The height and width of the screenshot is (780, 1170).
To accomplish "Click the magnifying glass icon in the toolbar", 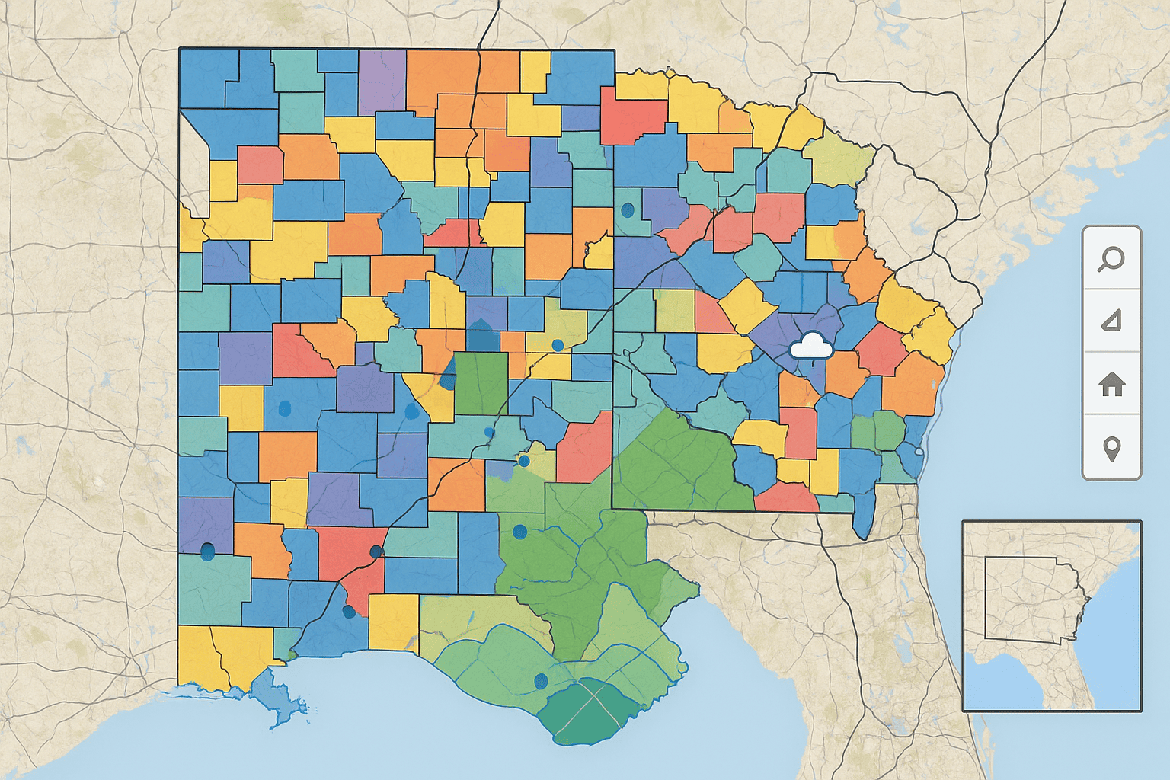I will tap(1111, 259).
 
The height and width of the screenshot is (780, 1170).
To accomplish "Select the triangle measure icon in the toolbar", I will tap(1111, 321).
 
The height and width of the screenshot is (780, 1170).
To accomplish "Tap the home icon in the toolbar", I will tap(1111, 384).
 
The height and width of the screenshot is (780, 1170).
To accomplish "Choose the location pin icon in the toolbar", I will tap(1111, 448).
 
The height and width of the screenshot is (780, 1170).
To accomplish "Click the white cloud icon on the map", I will tap(811, 347).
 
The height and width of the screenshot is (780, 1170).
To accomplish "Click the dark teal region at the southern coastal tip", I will tap(590, 712).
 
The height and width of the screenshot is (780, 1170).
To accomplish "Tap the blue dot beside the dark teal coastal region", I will tap(542, 680).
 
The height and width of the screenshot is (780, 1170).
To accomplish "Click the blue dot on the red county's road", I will tap(375, 551).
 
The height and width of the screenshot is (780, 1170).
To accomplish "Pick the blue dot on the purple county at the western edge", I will tap(206, 551).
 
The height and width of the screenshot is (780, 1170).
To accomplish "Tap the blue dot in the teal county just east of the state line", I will tap(628, 209).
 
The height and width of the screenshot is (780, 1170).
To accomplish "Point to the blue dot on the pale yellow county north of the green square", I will tap(558, 345).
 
